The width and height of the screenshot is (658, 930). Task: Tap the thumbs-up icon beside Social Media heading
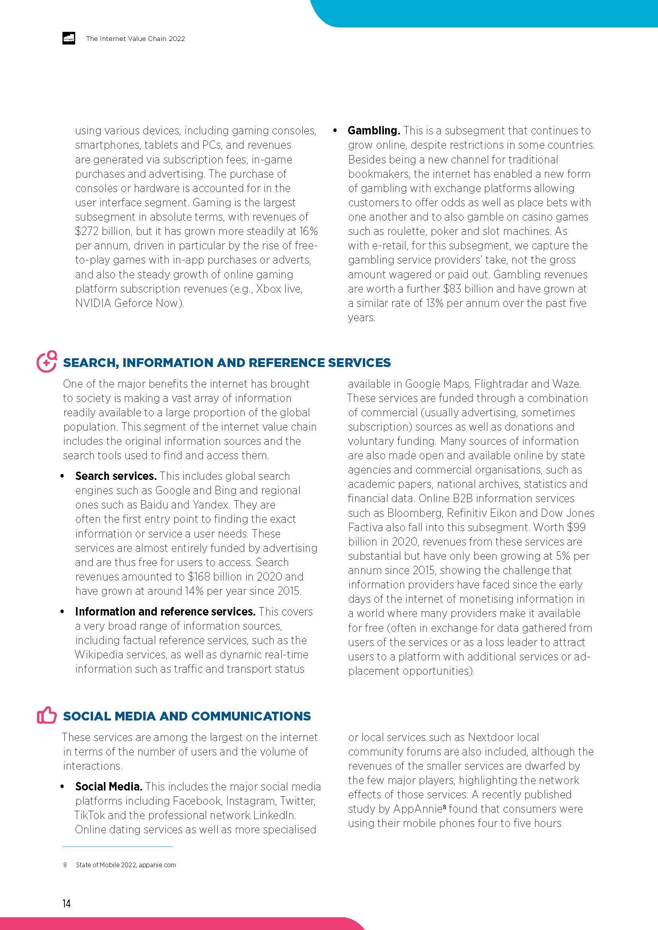click(x=47, y=715)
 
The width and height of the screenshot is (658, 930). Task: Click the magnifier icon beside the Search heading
click(x=47, y=361)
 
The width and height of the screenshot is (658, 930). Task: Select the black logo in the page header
click(x=68, y=39)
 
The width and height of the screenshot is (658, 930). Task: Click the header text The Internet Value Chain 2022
click(x=135, y=39)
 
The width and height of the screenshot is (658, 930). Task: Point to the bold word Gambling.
click(x=374, y=130)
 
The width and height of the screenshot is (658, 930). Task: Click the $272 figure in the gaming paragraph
click(x=85, y=231)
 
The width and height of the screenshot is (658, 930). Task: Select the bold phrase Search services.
click(x=116, y=476)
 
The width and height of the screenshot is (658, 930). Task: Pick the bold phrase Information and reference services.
click(x=165, y=611)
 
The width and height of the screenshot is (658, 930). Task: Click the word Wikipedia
click(x=100, y=654)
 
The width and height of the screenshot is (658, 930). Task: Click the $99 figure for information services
click(x=576, y=527)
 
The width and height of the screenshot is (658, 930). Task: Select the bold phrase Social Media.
click(x=109, y=786)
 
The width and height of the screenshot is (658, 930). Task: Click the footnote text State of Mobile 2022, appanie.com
click(x=126, y=865)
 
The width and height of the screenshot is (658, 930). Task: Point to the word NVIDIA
click(x=93, y=303)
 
